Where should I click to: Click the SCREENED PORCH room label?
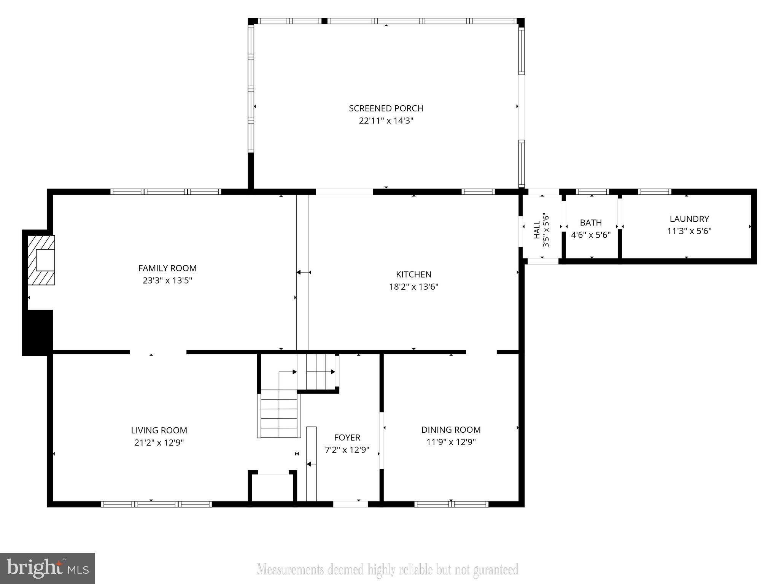(386, 108)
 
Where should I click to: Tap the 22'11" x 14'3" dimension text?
(386, 121)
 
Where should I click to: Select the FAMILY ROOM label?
(167, 268)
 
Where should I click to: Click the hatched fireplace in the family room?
(41, 260)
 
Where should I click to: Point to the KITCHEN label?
(413, 275)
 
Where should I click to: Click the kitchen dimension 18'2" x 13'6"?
(413, 287)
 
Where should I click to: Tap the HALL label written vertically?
(537, 230)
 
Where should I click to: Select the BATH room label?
(591, 223)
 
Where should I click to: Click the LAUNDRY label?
(689, 219)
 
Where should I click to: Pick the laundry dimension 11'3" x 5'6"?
(689, 231)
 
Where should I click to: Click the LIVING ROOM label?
(159, 430)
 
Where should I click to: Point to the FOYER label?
(347, 438)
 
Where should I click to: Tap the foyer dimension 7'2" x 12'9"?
(347, 450)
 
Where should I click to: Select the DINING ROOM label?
(451, 430)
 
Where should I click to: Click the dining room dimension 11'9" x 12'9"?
(451, 442)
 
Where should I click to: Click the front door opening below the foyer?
(350, 504)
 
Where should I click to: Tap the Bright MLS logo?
(47, 568)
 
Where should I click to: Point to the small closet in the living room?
(272, 488)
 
